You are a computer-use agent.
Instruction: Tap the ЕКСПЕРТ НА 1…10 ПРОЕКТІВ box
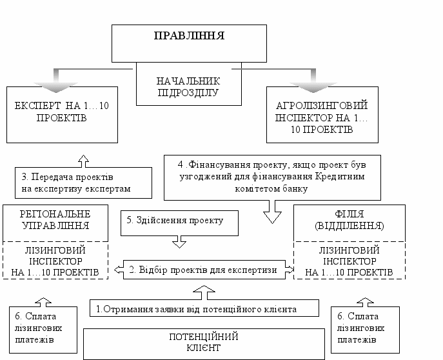point(62,111)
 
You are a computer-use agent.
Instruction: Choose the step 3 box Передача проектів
point(83,183)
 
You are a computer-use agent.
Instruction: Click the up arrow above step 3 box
point(83,159)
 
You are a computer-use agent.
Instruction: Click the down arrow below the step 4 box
point(273,212)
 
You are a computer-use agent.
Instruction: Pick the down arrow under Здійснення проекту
point(178,242)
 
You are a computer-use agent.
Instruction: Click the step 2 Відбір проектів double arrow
point(203,270)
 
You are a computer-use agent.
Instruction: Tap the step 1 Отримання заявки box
point(204,310)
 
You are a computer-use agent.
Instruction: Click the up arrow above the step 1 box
point(204,292)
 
